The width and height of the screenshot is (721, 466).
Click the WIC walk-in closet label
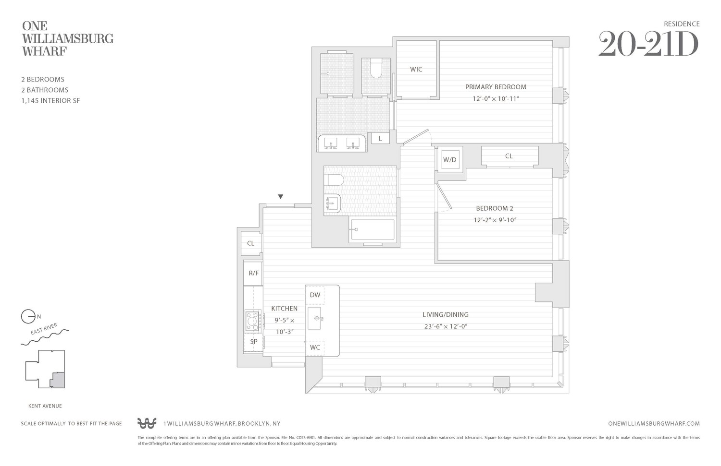click(416, 70)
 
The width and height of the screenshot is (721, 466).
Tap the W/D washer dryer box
click(450, 160)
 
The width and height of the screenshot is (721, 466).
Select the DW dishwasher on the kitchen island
click(315, 295)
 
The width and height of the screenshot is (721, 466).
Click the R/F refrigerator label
click(253, 274)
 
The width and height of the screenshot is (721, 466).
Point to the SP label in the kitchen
click(253, 342)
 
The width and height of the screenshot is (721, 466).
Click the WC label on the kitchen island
click(315, 347)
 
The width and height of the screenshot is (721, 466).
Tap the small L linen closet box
click(380, 139)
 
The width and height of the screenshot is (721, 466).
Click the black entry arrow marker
click(281, 197)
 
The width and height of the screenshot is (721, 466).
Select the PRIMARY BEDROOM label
click(495, 87)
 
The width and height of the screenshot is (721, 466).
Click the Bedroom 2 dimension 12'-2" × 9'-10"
click(495, 220)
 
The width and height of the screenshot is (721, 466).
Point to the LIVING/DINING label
click(445, 315)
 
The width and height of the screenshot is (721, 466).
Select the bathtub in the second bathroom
click(373, 230)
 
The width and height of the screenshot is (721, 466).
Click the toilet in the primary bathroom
click(375, 69)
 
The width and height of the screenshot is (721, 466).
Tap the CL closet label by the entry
click(250, 243)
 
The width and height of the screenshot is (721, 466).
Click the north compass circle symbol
click(28, 317)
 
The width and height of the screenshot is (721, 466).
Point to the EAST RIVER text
click(44, 329)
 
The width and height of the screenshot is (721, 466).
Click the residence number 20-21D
click(648, 45)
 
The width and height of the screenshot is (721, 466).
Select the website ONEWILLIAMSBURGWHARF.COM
click(654, 424)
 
